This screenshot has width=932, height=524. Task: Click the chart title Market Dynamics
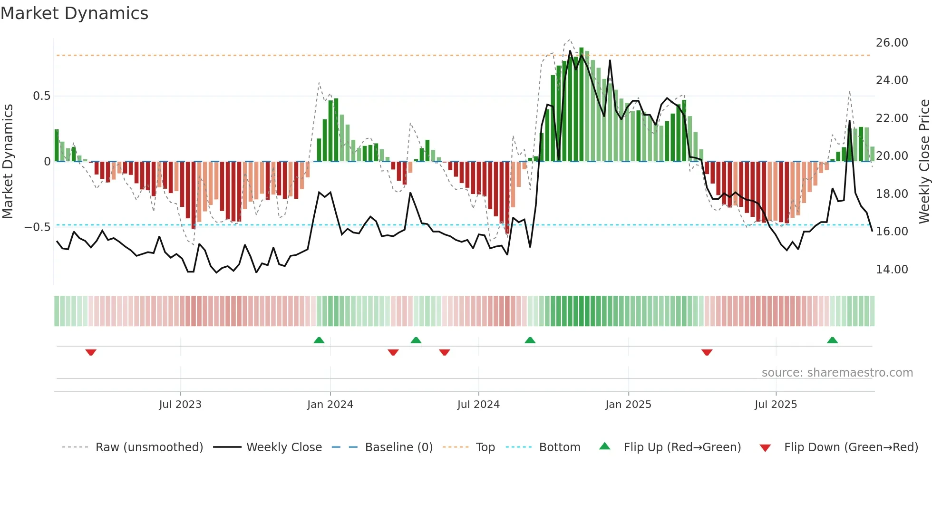(74, 13)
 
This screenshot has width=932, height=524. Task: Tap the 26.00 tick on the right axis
(892, 43)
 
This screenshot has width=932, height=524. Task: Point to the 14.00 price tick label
(892, 270)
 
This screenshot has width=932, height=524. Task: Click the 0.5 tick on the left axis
(41, 96)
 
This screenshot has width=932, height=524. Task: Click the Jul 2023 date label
(180, 405)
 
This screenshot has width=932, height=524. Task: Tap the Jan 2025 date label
(628, 405)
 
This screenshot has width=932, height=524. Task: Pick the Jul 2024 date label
(478, 405)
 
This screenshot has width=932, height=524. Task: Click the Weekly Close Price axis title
(924, 161)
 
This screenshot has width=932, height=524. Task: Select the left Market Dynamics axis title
(8, 161)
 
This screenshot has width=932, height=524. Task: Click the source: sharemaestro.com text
(837, 373)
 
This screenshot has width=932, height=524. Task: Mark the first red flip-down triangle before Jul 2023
(91, 352)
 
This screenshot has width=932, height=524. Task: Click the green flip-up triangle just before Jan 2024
(319, 340)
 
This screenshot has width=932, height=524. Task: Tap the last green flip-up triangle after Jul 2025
(832, 340)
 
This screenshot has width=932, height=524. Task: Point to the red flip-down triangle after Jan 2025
(707, 352)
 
